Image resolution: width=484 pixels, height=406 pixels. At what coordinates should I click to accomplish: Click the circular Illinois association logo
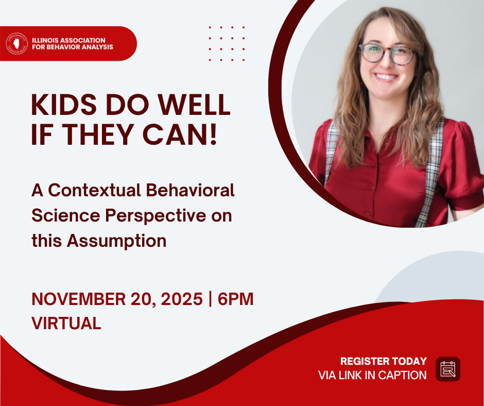coord(16,44)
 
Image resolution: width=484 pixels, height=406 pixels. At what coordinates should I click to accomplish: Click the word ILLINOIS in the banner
coord(45,40)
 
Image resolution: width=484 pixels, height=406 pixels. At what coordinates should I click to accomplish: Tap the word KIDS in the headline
coord(64,105)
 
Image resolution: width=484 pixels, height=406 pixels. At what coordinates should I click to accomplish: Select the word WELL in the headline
coord(195,105)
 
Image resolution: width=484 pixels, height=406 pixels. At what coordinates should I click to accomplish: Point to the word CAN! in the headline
coord(180,134)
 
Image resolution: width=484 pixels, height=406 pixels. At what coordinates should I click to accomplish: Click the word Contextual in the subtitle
coord(94,190)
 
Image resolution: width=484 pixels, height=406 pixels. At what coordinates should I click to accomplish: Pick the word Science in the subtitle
coord(66,215)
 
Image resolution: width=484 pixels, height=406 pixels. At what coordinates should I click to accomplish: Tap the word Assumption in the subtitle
coord(117,241)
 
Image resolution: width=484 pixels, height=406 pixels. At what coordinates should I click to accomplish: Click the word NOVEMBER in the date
coord(79,299)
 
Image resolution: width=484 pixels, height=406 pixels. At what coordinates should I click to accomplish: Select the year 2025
coord(182,299)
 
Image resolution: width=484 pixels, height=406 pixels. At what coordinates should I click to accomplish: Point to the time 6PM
coord(235,299)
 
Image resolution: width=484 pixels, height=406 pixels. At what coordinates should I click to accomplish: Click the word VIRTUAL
coord(66,323)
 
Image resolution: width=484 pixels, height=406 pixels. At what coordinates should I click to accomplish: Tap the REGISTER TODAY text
coord(384,361)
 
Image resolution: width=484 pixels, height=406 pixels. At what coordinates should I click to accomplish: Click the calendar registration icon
coord(448,369)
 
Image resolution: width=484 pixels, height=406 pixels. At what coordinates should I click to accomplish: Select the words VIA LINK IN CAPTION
coord(372,375)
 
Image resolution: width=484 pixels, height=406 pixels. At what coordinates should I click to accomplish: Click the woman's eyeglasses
coord(387,54)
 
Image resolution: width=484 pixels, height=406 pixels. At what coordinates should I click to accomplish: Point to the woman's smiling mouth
coord(386,77)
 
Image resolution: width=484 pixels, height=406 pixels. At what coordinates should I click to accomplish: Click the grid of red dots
coord(227,44)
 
